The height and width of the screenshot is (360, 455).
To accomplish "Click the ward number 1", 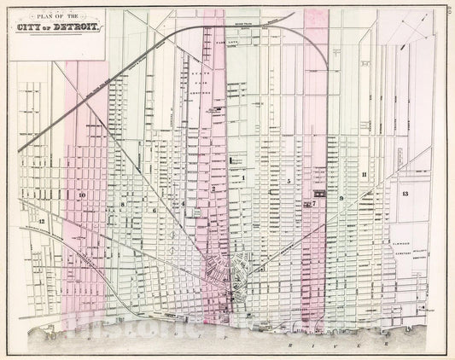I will [x=243, y=177].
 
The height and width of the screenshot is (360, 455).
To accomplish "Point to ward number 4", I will [x=183, y=203].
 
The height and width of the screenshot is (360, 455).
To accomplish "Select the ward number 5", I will [x=289, y=181].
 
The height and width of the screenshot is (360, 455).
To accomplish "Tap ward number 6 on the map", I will [x=155, y=209].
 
